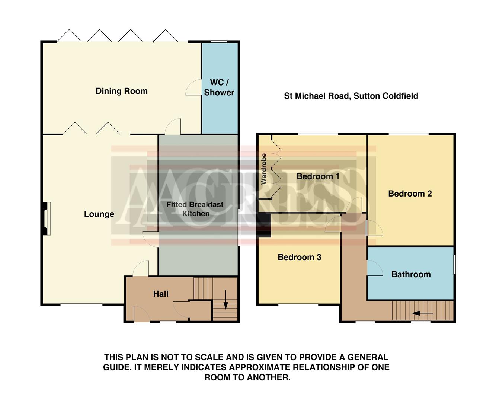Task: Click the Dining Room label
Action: (x=121, y=91)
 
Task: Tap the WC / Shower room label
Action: (x=219, y=87)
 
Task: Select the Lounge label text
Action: (x=99, y=214)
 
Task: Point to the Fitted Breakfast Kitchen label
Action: (x=195, y=209)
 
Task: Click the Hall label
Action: (x=161, y=294)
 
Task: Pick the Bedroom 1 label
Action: (x=318, y=176)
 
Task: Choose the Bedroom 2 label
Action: (x=410, y=194)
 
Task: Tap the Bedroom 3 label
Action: (x=299, y=257)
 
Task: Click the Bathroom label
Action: (x=411, y=275)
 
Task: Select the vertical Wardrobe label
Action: (x=264, y=169)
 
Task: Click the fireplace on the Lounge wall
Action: (x=46, y=218)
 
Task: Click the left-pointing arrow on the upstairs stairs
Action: (x=422, y=313)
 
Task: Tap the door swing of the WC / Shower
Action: (x=193, y=88)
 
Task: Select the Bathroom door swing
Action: (x=375, y=268)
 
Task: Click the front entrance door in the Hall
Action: (x=142, y=315)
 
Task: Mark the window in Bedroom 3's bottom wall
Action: (x=298, y=305)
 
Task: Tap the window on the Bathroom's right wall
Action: (x=455, y=265)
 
